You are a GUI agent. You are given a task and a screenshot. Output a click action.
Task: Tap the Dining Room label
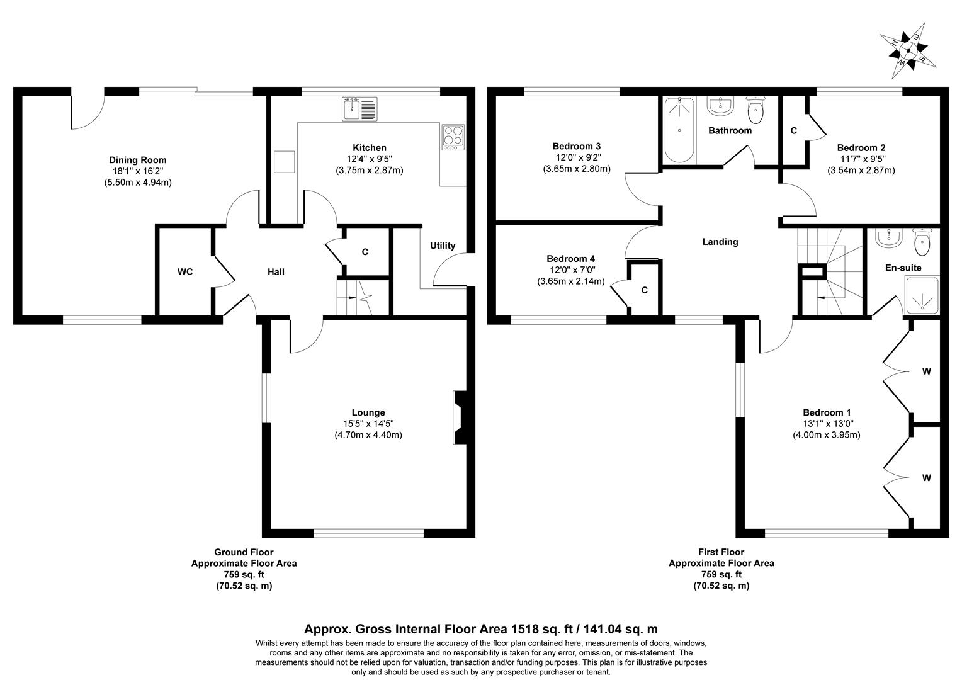tap(137, 160)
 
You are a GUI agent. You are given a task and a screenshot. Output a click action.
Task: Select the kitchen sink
tap(359, 109)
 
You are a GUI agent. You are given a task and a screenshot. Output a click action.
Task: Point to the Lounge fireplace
tap(460, 417)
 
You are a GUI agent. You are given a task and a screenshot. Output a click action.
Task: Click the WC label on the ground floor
tap(185, 272)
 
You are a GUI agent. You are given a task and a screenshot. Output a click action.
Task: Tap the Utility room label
tap(443, 246)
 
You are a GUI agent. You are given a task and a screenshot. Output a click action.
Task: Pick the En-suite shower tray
tap(922, 295)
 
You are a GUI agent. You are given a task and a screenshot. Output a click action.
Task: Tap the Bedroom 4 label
tap(570, 259)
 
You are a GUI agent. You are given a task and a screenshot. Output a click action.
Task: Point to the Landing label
tap(720, 242)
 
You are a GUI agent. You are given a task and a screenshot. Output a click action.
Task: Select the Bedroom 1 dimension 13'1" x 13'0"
tap(826, 424)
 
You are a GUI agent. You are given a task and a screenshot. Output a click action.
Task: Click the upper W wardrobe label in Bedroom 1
tap(926, 371)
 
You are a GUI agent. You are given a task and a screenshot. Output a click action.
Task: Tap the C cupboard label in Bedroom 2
tap(793, 131)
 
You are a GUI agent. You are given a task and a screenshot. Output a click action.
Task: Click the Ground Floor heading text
tap(244, 552)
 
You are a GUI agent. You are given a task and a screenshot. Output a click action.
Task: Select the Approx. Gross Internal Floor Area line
tap(481, 628)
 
